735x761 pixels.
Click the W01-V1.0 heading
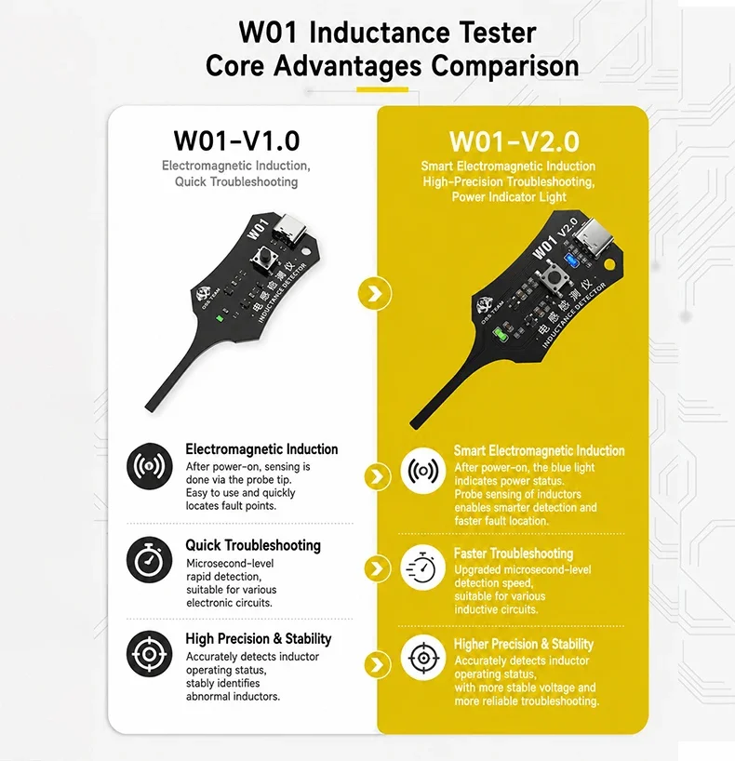tap(236, 140)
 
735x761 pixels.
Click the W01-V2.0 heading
tap(514, 141)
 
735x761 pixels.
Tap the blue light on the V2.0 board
tap(570, 260)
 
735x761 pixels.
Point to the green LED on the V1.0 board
tap(220, 318)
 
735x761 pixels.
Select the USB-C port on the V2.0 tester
tap(595, 238)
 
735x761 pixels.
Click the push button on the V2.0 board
tap(552, 278)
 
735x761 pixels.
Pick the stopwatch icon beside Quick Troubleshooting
tap(150, 560)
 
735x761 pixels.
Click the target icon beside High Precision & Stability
tap(150, 654)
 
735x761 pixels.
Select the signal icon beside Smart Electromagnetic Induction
tap(422, 471)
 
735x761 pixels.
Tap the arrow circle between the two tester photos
tap(375, 294)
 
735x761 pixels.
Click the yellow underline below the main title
tap(382, 90)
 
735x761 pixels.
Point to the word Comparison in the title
tap(505, 65)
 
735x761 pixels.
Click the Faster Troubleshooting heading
tap(514, 554)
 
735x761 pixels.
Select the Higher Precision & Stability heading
tap(524, 644)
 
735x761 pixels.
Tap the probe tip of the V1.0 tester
tap(150, 408)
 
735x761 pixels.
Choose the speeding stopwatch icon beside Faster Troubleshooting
tap(422, 567)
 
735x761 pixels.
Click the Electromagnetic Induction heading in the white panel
tap(261, 449)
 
